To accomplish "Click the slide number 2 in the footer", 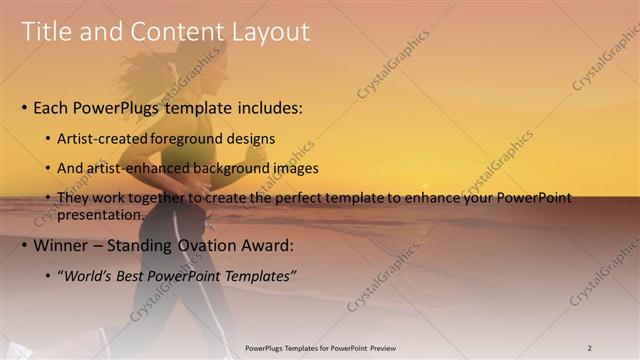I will pos(590,348).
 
